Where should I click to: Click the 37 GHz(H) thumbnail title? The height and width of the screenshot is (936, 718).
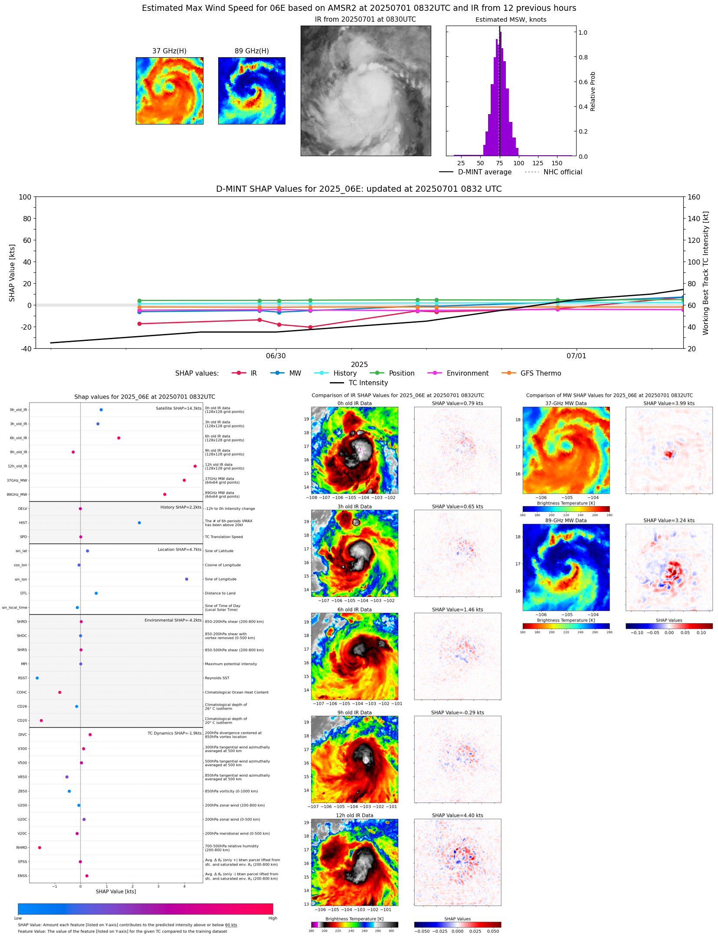click(169, 51)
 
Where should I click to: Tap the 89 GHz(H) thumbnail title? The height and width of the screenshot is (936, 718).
click(252, 51)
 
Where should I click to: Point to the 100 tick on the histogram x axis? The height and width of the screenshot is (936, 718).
click(518, 164)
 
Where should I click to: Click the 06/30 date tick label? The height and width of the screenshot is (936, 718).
click(276, 356)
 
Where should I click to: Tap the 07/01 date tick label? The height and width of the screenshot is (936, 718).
click(576, 356)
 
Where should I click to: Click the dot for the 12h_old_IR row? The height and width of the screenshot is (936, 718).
click(195, 466)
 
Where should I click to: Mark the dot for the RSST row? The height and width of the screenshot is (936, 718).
click(37, 678)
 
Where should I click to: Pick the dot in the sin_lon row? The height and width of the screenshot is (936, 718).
click(187, 579)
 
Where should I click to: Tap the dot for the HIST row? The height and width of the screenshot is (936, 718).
click(139, 523)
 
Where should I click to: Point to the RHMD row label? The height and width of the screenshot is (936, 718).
click(22, 848)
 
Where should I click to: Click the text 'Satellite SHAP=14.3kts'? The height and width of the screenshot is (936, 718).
click(178, 408)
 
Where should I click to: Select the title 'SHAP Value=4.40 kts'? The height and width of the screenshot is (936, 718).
click(457, 815)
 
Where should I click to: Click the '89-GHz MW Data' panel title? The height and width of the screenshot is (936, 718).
click(566, 520)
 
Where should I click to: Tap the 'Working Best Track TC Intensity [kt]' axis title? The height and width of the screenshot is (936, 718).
click(706, 273)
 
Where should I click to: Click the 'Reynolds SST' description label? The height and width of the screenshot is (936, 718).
click(217, 678)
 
